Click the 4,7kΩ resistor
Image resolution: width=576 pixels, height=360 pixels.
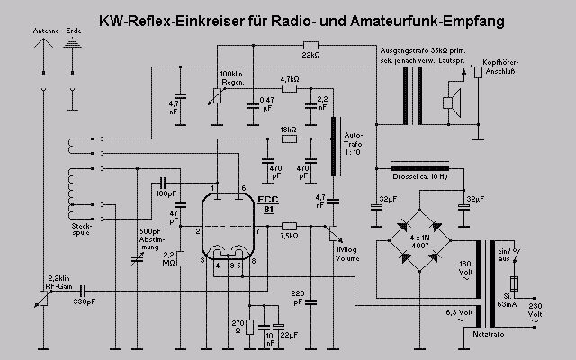(289, 88)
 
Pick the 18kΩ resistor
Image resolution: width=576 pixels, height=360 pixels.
(288, 139)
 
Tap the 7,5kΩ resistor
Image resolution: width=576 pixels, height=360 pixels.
(288, 226)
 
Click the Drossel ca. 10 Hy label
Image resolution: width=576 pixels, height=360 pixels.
(422, 178)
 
